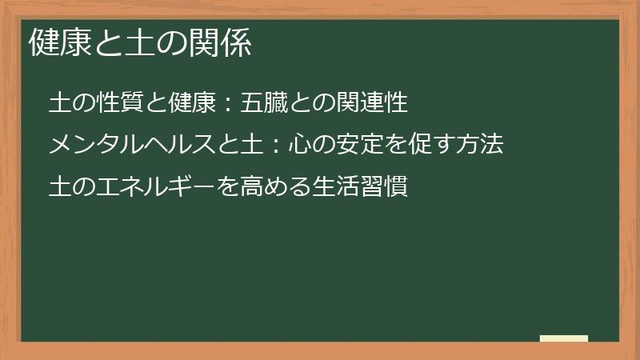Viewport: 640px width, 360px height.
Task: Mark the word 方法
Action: tap(481, 146)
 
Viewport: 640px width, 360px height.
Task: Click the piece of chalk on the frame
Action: tap(564, 338)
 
